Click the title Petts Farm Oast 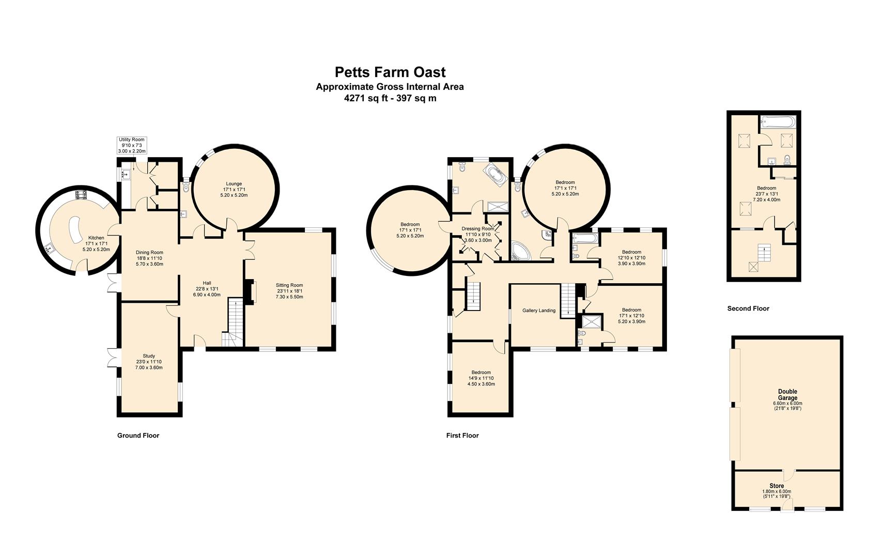pos(390,72)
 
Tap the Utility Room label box pos(132,145)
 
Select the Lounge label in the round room pos(234,183)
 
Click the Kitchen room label pos(96,238)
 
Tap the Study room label pos(149,356)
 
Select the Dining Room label pos(149,253)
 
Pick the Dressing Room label pos(478,228)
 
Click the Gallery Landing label pos(539,311)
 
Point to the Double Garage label pos(787,394)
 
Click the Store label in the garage pos(777,486)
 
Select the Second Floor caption pos(748,308)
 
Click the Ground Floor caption pos(138,436)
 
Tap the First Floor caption pos(462,436)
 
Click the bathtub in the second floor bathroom pos(779,122)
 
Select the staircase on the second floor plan pos(762,253)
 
